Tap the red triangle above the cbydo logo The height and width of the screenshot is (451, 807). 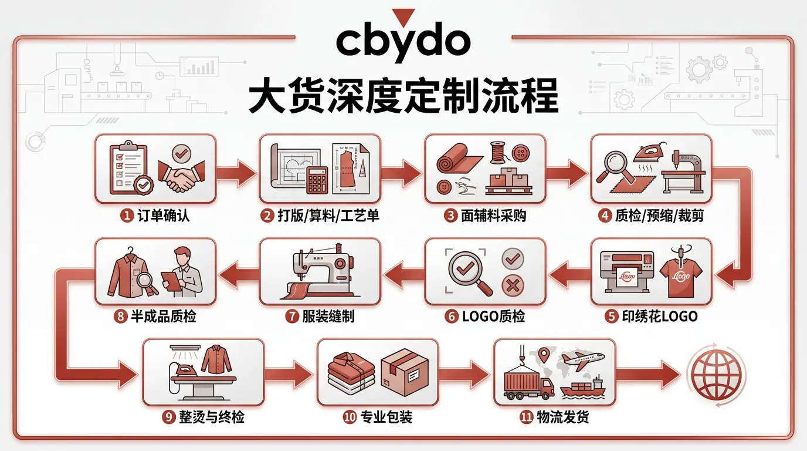click(403, 17)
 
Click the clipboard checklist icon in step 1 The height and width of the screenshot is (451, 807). click(128, 168)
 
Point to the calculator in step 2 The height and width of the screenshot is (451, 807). click(317, 180)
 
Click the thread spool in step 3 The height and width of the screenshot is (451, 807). click(498, 153)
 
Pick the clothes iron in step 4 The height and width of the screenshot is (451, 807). click(649, 154)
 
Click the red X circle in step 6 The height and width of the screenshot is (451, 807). click(513, 286)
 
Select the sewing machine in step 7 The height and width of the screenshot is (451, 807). click(319, 271)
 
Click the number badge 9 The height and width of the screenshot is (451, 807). click(168, 418)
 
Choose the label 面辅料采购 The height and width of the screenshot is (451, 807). click(493, 216)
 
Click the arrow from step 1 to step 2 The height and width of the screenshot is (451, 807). click(236, 173)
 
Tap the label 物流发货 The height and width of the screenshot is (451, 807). click(563, 417)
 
